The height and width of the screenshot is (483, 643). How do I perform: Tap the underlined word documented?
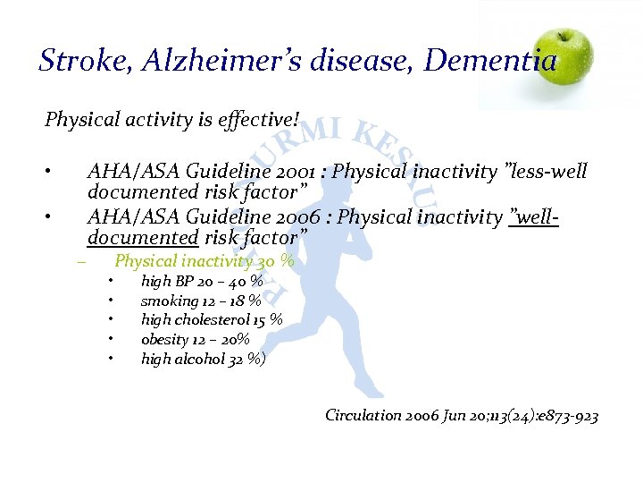click(143, 238)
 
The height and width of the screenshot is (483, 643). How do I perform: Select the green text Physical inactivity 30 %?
click(205, 262)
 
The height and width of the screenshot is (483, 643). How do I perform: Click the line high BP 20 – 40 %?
click(201, 282)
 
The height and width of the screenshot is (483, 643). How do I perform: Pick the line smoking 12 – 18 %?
click(201, 301)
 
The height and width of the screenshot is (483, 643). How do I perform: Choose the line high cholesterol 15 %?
click(212, 320)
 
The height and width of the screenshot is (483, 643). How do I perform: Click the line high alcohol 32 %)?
click(203, 360)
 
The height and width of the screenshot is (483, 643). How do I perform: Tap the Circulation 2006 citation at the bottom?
click(461, 416)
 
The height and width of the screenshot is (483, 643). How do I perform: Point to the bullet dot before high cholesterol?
click(108, 320)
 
